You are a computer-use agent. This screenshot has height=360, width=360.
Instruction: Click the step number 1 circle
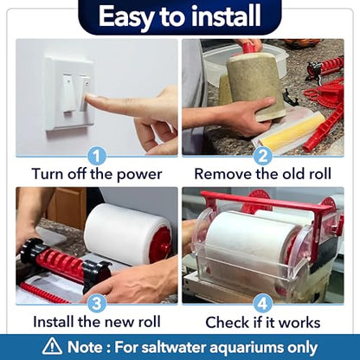point(97,156)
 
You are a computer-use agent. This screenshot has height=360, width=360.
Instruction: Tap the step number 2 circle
point(262,156)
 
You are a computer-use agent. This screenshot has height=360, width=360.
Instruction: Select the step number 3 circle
point(97,304)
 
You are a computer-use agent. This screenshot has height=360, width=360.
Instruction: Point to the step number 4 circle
point(262,304)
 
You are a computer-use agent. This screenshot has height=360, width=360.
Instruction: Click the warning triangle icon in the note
point(52,346)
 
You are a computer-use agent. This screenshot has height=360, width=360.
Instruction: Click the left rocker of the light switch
point(68,93)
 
